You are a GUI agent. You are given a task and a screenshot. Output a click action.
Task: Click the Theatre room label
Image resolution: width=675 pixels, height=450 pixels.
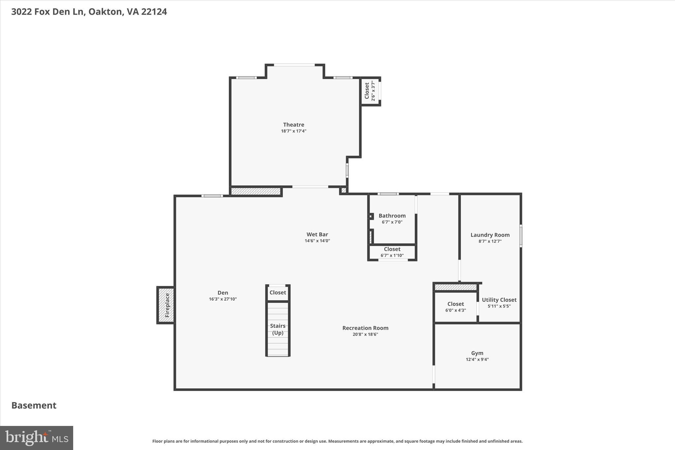(x=293, y=125)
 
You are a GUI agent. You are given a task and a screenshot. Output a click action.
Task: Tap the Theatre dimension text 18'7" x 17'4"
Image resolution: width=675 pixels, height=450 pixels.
(x=293, y=131)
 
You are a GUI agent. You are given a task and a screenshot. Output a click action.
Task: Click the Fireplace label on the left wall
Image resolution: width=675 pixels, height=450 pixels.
(x=167, y=305)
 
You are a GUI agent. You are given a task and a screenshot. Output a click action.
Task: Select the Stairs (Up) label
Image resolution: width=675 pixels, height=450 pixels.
(x=278, y=329)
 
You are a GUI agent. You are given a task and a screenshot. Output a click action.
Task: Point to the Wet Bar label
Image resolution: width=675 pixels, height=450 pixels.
(x=317, y=234)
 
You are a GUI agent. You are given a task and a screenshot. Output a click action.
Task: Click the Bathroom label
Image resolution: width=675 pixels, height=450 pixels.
(x=392, y=216)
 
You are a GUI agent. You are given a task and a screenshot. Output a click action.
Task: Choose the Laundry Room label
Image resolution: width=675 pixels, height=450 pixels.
(x=490, y=235)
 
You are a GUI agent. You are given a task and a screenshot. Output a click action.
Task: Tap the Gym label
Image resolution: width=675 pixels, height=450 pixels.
(x=477, y=353)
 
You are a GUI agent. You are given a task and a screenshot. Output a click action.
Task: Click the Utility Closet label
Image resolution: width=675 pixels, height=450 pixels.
(x=499, y=300)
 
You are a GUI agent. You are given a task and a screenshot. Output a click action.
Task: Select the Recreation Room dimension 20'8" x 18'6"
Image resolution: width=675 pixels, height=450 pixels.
(x=365, y=334)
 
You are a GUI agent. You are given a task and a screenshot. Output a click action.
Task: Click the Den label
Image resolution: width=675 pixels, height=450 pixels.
(x=222, y=292)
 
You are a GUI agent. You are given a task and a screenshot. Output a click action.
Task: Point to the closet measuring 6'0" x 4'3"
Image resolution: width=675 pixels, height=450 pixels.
(x=455, y=307)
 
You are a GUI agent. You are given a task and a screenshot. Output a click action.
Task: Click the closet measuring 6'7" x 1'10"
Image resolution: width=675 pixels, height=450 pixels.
(x=392, y=252)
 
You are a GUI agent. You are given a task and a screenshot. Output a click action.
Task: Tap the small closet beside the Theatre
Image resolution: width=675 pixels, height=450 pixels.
(x=370, y=91)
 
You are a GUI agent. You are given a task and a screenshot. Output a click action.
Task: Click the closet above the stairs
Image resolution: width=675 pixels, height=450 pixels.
(x=278, y=292)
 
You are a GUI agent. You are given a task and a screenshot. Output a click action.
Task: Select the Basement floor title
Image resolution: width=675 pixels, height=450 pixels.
(x=34, y=405)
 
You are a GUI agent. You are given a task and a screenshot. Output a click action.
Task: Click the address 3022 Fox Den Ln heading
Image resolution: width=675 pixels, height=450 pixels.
(x=89, y=12)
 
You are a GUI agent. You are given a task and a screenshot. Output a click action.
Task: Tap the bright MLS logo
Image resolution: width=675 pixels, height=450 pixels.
(x=37, y=438)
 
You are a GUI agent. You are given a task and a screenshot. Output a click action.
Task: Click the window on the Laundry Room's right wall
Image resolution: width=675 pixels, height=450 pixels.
(x=521, y=236)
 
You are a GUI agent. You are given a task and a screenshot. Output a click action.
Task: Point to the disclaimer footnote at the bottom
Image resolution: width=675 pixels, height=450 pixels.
(x=337, y=441)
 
